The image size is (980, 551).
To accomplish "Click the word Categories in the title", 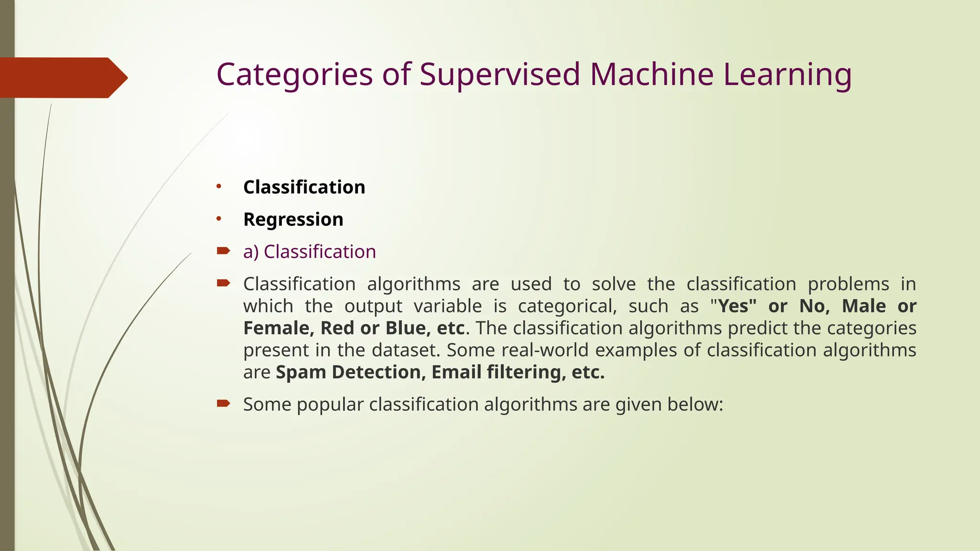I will point(294,75).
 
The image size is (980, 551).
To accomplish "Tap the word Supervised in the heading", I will point(500,75).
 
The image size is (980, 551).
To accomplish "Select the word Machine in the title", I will point(651,75).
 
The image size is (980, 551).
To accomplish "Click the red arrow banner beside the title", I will point(62,77).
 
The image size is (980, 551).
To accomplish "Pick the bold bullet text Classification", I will point(304,187).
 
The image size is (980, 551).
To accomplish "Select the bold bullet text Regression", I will point(293,220).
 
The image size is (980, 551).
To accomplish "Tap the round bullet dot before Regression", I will point(219,219).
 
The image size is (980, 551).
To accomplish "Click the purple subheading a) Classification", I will point(310,252).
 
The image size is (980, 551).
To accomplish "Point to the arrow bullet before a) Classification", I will point(223,251).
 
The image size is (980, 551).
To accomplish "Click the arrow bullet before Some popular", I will point(223,403).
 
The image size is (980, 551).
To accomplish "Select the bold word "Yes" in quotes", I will point(734,306).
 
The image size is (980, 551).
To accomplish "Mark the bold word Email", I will point(457,372).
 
